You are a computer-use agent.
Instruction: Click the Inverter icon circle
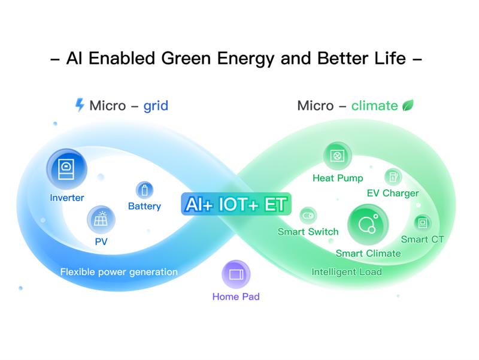point(67,169)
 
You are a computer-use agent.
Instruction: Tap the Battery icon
point(144,190)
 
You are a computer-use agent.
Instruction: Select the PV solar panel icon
point(101,220)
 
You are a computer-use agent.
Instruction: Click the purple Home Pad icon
point(236,275)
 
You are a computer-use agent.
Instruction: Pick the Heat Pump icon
point(338,156)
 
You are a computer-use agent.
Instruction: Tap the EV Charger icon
point(393,177)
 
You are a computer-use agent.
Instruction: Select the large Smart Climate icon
point(367,225)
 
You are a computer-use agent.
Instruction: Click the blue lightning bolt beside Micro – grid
point(80,105)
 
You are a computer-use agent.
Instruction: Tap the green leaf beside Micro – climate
point(408,105)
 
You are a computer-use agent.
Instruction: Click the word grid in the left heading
point(156,106)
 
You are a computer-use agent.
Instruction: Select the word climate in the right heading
point(374,106)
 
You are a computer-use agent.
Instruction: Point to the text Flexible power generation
point(119,272)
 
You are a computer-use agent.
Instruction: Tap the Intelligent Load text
point(347,272)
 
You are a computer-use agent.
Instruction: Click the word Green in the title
point(184,59)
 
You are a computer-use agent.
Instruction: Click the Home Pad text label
point(236,297)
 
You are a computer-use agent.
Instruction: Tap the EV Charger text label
point(393,193)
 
